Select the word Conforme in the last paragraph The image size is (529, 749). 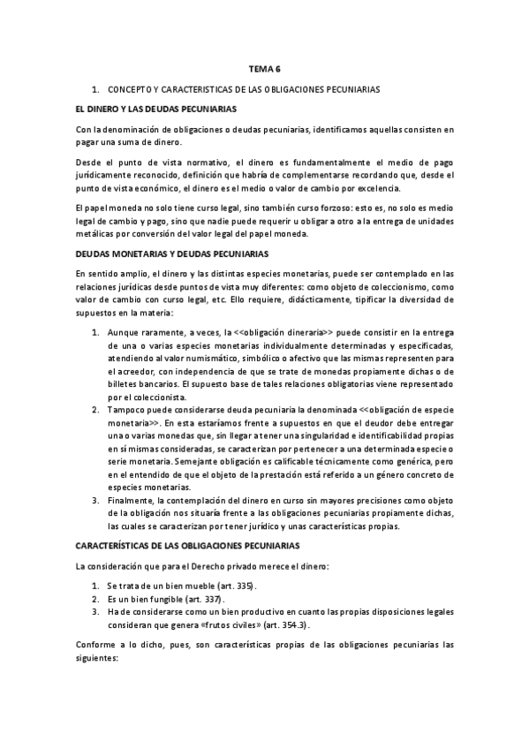[96, 645]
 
